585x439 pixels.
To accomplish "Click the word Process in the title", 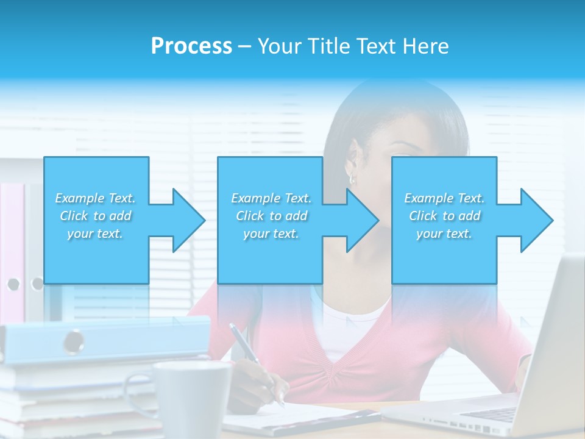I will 191,46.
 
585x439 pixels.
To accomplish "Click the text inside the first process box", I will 96,216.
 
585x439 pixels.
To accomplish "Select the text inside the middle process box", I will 271,216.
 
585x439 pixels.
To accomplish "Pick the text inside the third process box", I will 444,216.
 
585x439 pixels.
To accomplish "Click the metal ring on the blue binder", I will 74,340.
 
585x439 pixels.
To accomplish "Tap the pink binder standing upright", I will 12,244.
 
